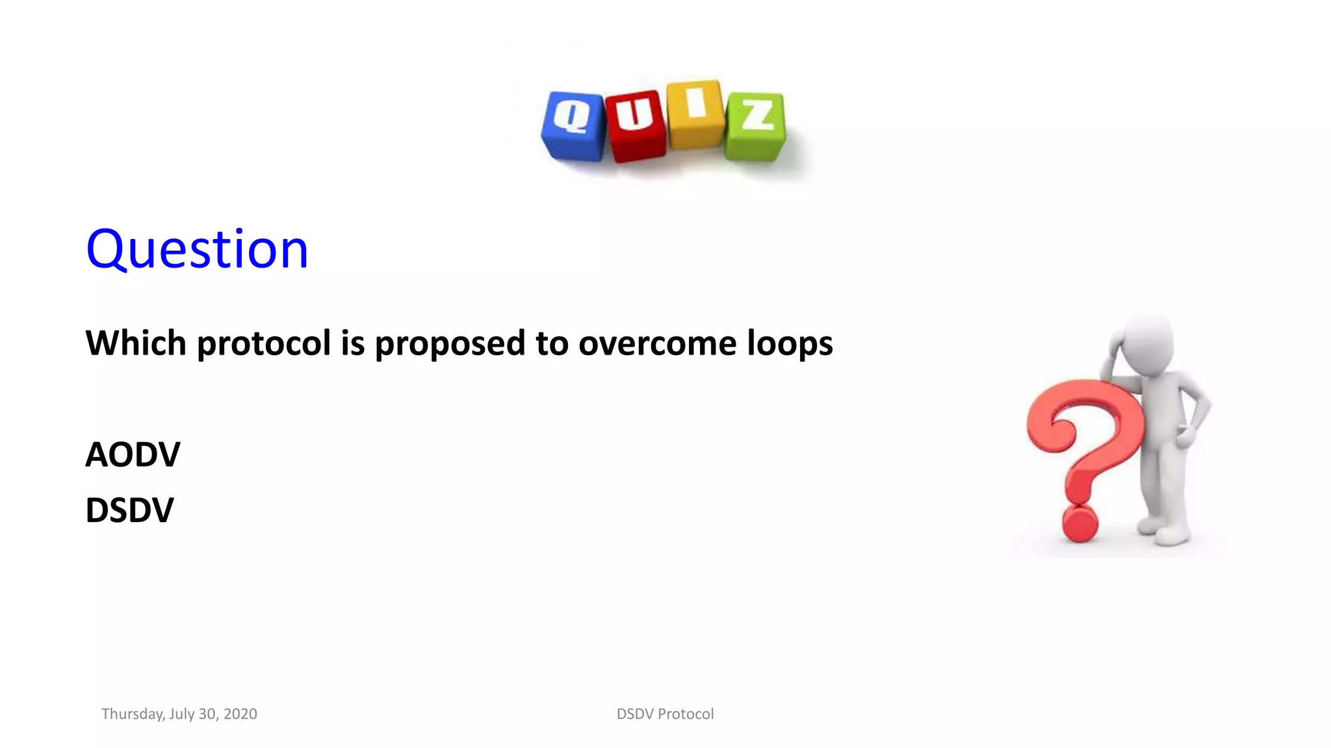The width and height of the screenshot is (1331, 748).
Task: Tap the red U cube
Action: (x=635, y=125)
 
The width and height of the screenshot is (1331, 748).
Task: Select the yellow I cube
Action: (x=695, y=114)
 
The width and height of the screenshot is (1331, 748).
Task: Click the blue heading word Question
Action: (x=197, y=249)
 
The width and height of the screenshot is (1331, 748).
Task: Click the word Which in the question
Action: (x=136, y=343)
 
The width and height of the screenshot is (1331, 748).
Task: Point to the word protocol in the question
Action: (x=264, y=344)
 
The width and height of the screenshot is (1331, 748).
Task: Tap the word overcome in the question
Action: (x=657, y=344)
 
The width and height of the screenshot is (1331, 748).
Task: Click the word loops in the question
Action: (x=790, y=344)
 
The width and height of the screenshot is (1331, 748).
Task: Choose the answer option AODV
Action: (x=133, y=455)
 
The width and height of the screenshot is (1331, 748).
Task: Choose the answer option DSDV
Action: (x=129, y=510)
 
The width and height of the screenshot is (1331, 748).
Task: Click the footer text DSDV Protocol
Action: (x=665, y=714)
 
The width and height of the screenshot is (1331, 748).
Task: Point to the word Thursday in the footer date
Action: (x=132, y=714)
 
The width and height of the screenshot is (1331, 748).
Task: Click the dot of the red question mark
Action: (x=1079, y=523)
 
